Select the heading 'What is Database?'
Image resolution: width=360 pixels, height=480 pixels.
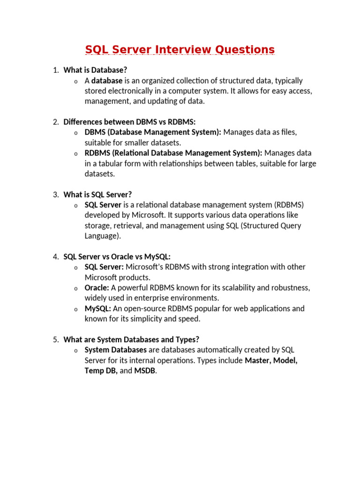(95, 70)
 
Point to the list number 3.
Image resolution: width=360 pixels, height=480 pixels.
(55, 194)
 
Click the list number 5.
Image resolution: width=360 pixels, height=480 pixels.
(55, 339)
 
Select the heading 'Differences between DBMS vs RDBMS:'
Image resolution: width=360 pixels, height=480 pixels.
(129, 122)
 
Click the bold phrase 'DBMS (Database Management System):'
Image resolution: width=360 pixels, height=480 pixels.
(153, 132)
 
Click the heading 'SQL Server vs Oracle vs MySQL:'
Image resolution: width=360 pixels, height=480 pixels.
(117, 256)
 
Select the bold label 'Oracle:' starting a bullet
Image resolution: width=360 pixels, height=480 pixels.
(97, 287)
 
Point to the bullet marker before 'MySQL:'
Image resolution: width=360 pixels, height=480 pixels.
(75, 309)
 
